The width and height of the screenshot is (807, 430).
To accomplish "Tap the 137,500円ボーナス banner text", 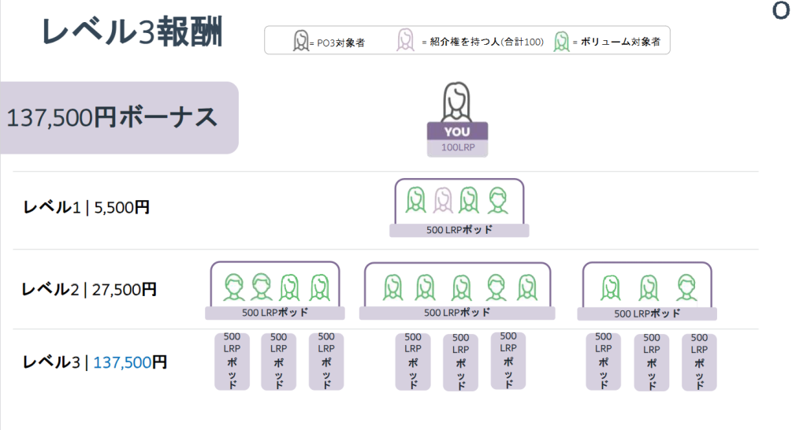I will (112, 117).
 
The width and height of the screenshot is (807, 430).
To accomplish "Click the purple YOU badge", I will (457, 132).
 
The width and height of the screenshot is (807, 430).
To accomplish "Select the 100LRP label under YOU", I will (457, 147).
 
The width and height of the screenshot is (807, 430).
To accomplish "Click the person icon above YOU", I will (457, 102).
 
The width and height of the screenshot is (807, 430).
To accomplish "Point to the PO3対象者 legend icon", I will (300, 40).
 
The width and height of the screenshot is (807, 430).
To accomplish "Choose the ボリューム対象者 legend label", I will (619, 41).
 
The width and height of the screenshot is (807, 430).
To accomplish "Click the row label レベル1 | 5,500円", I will (86, 208).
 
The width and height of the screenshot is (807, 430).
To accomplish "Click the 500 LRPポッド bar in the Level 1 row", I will (459, 230).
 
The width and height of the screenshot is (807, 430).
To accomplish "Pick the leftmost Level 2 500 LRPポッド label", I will (276, 313).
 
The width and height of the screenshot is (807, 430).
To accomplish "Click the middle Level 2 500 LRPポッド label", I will (457, 313).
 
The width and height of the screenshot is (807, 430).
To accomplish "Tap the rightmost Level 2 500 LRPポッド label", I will (647, 313).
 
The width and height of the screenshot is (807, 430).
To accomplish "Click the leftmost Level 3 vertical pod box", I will (232, 361).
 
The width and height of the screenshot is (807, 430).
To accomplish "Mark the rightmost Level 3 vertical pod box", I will (699, 361).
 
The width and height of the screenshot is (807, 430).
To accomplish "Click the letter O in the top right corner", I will (781, 12).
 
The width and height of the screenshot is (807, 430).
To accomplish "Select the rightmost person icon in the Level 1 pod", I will (496, 201).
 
